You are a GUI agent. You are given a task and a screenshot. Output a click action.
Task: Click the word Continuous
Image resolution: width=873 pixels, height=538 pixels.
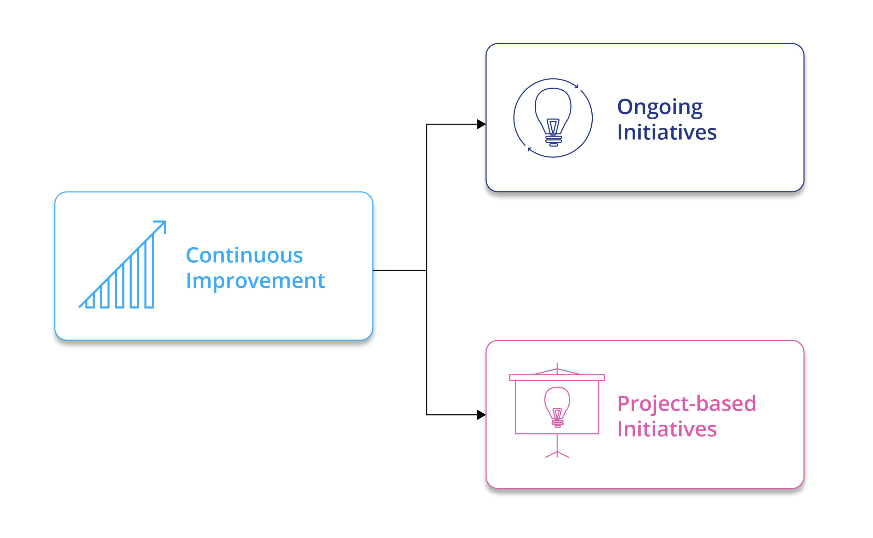point(244,255)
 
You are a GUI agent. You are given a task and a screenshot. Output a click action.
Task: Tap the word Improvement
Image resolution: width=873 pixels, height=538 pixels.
point(255,281)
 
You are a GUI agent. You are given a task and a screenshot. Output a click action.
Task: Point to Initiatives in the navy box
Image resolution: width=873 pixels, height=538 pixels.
point(666,132)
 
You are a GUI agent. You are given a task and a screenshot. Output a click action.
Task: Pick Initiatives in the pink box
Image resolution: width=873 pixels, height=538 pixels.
point(666,429)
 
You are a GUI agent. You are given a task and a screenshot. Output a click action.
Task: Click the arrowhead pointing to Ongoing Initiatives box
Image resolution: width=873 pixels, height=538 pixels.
point(482,124)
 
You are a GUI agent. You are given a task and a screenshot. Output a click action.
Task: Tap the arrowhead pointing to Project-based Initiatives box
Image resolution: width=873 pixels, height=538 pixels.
point(482,415)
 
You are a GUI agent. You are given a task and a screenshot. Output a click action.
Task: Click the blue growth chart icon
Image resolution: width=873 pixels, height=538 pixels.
point(122,264)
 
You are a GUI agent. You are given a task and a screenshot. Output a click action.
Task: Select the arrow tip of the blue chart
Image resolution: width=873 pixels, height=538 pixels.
point(165,222)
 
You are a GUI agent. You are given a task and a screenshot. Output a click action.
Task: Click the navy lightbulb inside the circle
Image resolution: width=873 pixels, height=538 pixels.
point(553,117)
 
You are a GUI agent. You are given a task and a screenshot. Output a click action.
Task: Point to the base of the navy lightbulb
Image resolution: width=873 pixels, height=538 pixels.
point(553,141)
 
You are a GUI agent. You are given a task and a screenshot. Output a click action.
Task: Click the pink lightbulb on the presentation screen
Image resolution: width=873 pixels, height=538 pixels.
point(557,407)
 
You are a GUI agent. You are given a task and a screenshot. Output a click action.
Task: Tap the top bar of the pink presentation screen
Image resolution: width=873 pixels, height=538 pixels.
point(557,378)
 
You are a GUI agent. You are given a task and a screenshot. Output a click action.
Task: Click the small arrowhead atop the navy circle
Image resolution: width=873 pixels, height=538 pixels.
point(576,86)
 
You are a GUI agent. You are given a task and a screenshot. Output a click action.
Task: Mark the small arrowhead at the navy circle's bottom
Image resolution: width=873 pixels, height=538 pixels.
point(529,149)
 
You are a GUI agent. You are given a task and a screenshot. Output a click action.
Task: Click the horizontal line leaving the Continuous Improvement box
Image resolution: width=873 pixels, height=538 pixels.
point(399,271)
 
